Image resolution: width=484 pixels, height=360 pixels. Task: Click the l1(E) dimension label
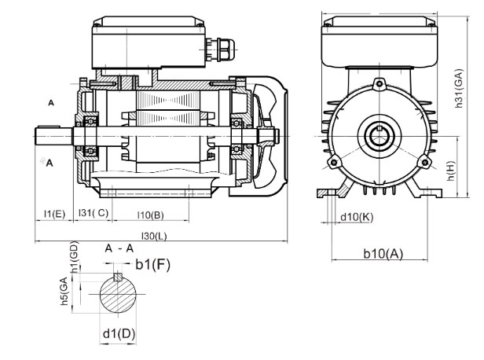click(55, 214)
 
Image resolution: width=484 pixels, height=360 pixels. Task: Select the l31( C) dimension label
click(93, 213)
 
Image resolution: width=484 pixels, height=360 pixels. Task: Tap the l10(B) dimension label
click(150, 215)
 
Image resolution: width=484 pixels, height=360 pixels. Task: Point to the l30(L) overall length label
click(154, 236)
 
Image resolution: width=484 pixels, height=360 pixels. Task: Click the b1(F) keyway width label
click(152, 265)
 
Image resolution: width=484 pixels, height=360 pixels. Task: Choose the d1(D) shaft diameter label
click(119, 334)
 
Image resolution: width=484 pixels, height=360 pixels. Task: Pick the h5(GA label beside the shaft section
click(64, 292)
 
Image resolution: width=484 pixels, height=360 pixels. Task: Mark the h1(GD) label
click(75, 257)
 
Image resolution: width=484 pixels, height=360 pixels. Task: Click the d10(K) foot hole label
click(357, 218)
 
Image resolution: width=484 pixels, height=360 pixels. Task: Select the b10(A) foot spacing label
click(383, 254)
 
